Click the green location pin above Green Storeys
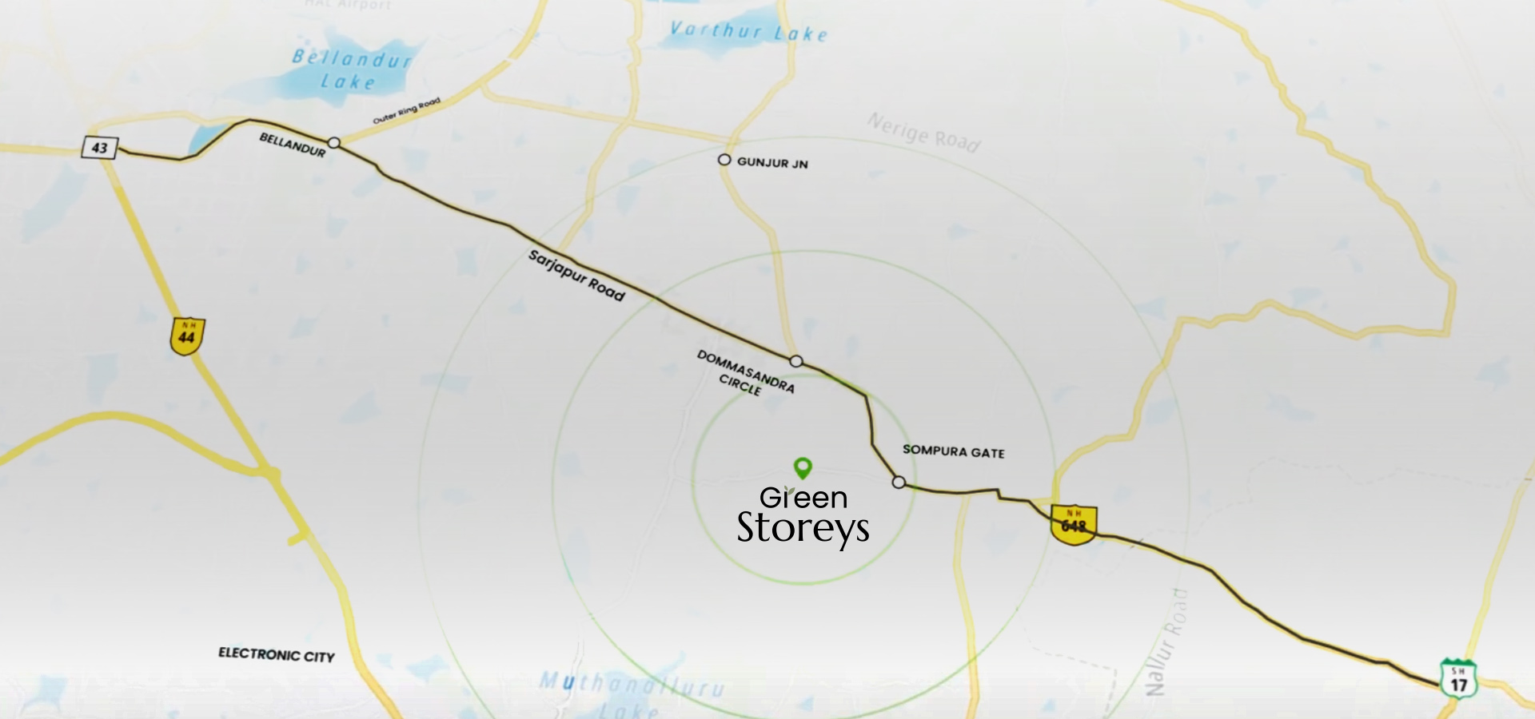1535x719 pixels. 803,467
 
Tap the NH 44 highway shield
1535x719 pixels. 187,336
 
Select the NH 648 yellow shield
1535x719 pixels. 1073,524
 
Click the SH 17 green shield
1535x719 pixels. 1458,679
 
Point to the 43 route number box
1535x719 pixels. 99,148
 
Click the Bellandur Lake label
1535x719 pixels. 350,70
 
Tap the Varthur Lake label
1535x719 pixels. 748,32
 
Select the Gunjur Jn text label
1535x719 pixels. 772,163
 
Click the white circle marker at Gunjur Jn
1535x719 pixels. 724,160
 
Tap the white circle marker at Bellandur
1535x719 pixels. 334,143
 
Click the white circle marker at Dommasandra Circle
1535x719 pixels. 795,361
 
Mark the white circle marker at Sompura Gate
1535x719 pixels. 899,483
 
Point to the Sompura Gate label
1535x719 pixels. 953,451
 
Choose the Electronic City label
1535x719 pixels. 277,655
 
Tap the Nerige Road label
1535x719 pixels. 923,133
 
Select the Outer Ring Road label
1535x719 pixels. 406,111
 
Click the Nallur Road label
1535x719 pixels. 1166,643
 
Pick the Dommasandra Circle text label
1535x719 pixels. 745,373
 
